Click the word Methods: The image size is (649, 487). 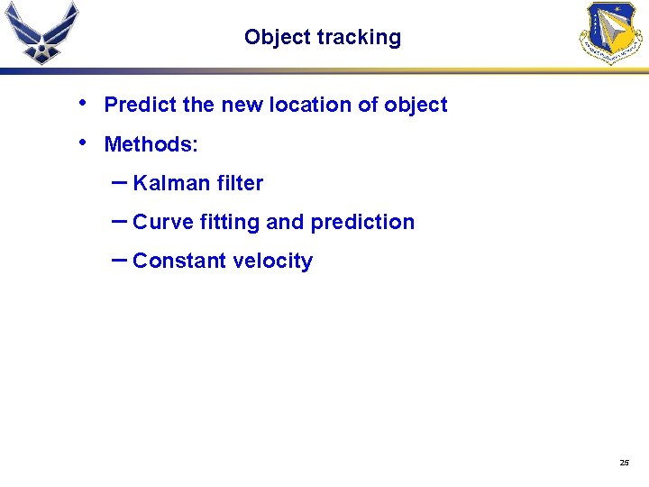[151, 144]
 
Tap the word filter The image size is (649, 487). [240, 183]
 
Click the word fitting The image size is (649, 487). [230, 223]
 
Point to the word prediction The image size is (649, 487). [362, 222]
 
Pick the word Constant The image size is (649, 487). [179, 261]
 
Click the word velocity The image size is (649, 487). [272, 262]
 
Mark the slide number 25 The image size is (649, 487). [624, 463]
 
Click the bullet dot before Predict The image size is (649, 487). [84, 103]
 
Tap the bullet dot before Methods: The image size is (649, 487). [84, 142]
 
